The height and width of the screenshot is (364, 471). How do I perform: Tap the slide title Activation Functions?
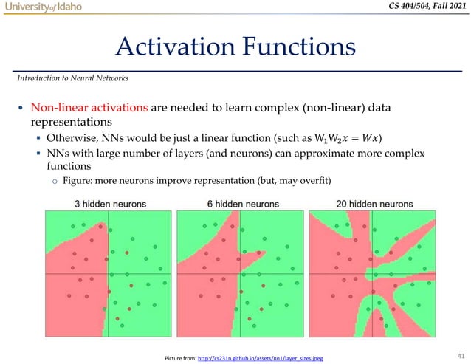235,48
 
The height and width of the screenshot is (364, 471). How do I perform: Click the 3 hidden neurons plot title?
106,204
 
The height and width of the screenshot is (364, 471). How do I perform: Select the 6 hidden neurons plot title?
235,204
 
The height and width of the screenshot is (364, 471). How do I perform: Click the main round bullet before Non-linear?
20,109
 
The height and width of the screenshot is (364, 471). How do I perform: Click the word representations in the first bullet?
69,123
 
